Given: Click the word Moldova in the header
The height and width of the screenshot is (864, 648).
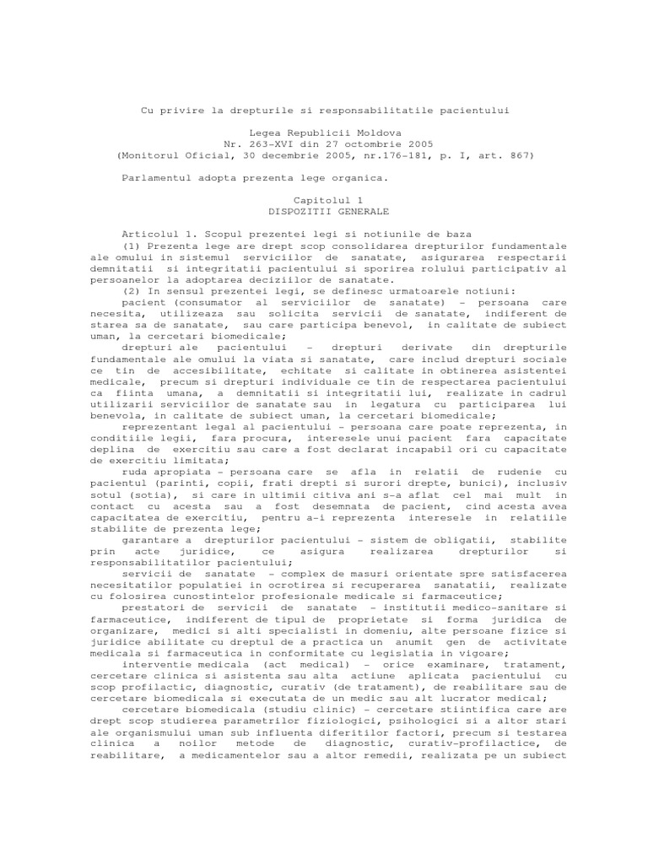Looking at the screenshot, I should [379, 133].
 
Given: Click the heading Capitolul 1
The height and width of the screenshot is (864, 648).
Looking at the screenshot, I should [325, 200].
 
